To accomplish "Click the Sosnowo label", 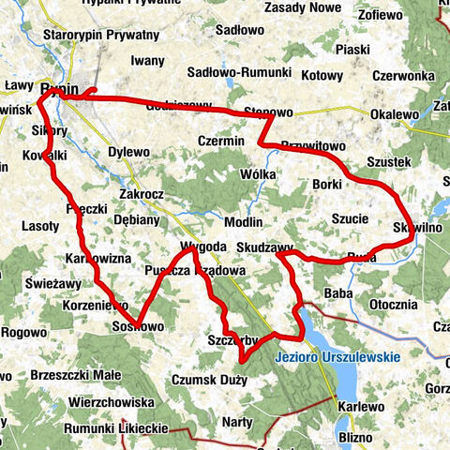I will [x=138, y=325].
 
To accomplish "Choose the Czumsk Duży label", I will [x=209, y=380].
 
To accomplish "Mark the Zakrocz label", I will [x=142, y=195].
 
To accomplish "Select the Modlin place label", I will [x=243, y=221].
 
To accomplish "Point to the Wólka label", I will [x=258, y=173].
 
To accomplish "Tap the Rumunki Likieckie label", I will [x=115, y=428].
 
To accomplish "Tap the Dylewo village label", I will [x=129, y=151].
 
